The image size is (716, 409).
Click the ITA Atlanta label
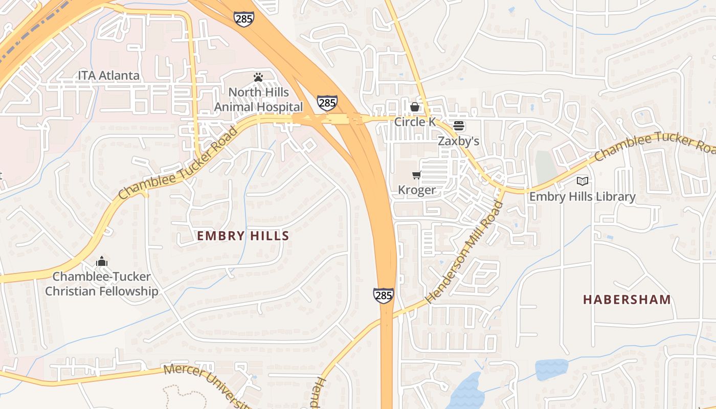click(108, 76)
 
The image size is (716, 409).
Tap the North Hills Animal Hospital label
click(258, 100)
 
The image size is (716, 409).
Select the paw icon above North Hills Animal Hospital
click(258, 77)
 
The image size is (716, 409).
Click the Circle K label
click(415, 122)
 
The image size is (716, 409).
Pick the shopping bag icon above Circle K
click(415, 107)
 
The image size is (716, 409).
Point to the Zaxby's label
click(459, 141)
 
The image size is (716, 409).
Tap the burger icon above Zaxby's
click(459, 126)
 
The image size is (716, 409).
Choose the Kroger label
click(417, 190)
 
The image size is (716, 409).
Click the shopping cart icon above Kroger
click(417, 175)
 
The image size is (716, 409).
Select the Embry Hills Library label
click(582, 196)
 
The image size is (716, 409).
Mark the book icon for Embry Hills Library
click(582, 181)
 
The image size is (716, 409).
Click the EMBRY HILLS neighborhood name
click(243, 236)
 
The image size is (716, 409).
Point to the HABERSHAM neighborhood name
click(627, 300)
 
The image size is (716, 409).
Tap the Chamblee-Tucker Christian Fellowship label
click(102, 284)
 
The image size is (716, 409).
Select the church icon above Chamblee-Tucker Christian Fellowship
click(102, 261)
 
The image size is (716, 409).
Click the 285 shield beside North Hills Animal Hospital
click(327, 103)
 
